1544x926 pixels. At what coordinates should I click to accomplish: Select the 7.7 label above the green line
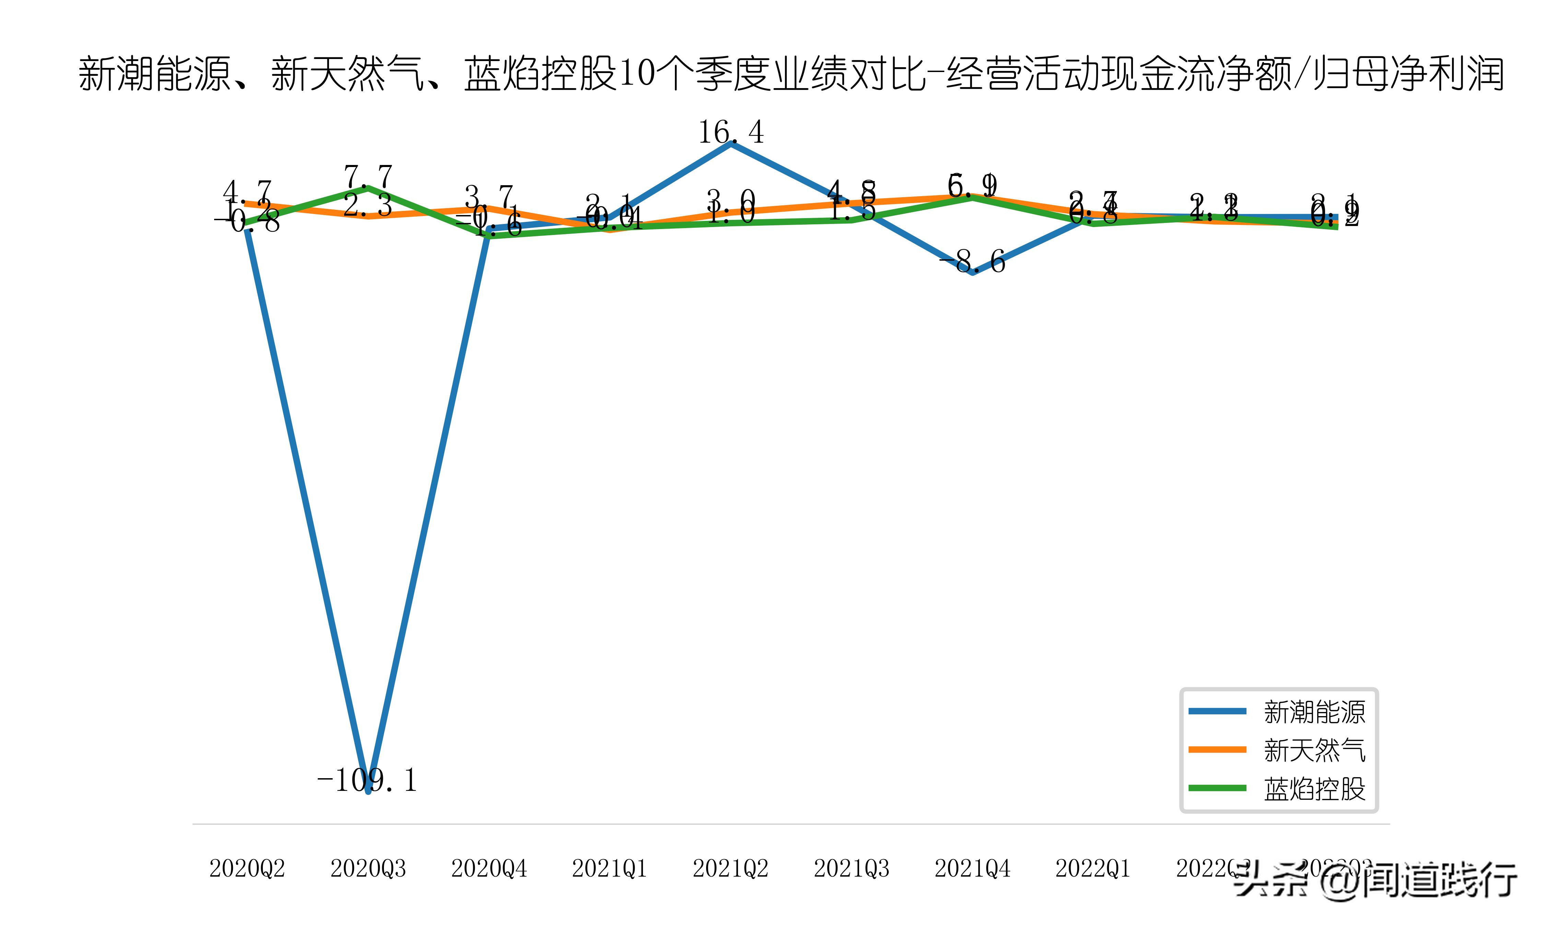point(368,177)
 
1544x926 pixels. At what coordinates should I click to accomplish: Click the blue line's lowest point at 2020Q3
point(368,791)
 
